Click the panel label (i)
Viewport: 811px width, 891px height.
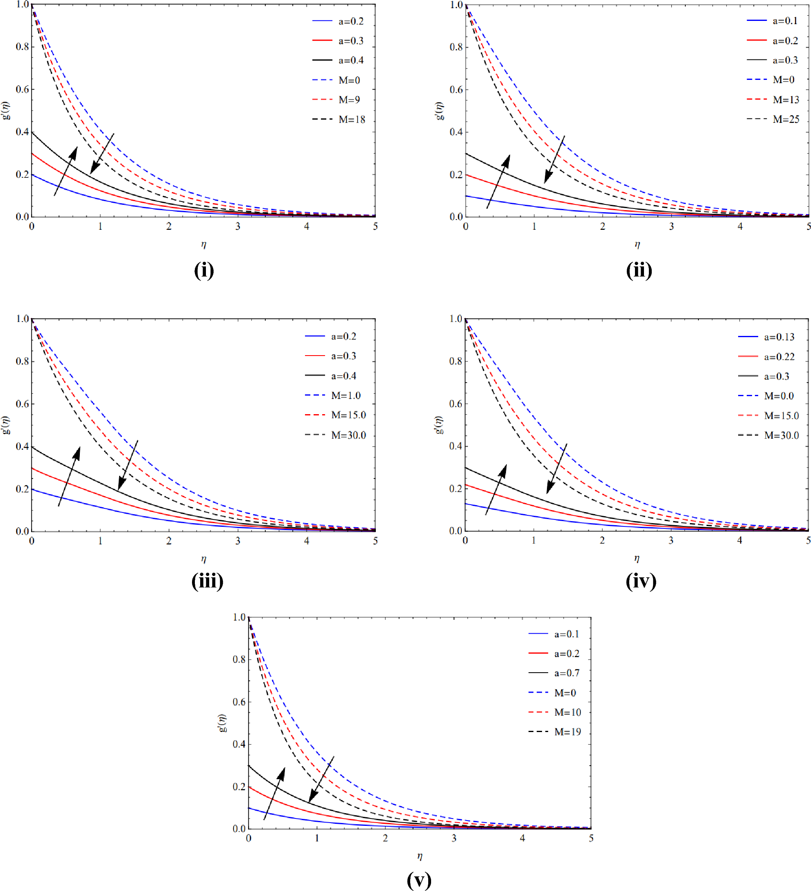pos(203,270)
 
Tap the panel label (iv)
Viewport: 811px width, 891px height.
pos(641,581)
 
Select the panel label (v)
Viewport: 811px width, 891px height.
pos(419,880)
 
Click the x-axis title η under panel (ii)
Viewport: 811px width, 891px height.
pos(637,245)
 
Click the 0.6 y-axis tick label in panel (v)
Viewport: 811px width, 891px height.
pos(239,702)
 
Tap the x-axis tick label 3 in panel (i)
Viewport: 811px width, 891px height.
pos(237,227)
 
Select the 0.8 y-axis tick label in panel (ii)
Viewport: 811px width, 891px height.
pos(456,47)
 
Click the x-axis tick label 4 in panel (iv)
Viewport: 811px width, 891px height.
pos(739,540)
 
